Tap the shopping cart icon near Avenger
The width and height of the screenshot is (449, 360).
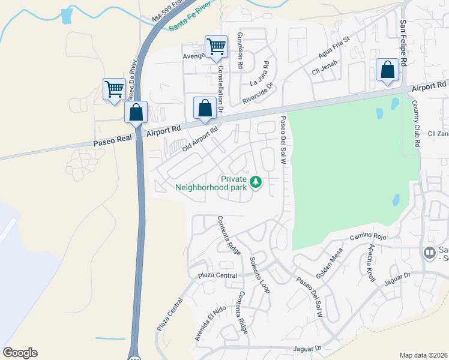coord(216,46)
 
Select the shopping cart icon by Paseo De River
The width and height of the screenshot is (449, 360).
coord(114,89)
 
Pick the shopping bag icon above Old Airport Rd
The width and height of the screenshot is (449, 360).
coord(205,108)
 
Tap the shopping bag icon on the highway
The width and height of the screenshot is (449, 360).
coord(136,112)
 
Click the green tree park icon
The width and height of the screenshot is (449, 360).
coord(256,181)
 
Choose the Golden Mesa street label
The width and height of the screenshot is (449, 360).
coord(329,262)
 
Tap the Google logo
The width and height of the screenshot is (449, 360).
coord(20,353)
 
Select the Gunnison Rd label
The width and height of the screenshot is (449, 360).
coord(240,51)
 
